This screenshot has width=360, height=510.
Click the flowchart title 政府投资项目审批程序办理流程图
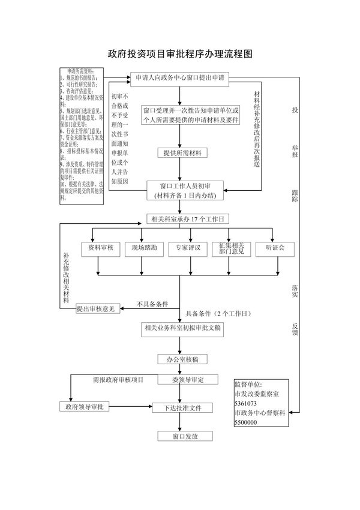[180, 53]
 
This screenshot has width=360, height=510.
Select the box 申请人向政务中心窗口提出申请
[180, 78]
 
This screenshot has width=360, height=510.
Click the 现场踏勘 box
[141, 248]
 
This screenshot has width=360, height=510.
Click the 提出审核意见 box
[98, 309]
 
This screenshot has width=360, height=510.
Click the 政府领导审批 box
[85, 407]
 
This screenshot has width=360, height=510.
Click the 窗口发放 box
[185, 437]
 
